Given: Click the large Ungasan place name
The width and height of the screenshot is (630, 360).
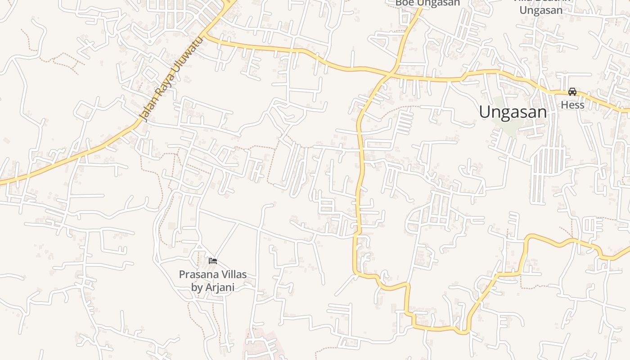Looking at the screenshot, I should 513,112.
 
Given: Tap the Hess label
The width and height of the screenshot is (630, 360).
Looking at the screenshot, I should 572,105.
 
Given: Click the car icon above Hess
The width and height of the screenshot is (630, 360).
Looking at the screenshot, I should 572,92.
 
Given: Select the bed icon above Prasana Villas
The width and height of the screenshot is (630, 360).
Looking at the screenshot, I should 213,261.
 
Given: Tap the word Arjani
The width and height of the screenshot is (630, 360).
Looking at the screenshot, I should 220,288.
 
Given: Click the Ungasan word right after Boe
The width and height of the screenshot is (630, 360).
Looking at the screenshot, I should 438,3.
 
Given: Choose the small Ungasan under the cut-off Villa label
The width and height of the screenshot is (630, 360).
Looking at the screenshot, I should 541,10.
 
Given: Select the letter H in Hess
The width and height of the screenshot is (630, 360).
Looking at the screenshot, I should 564,105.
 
